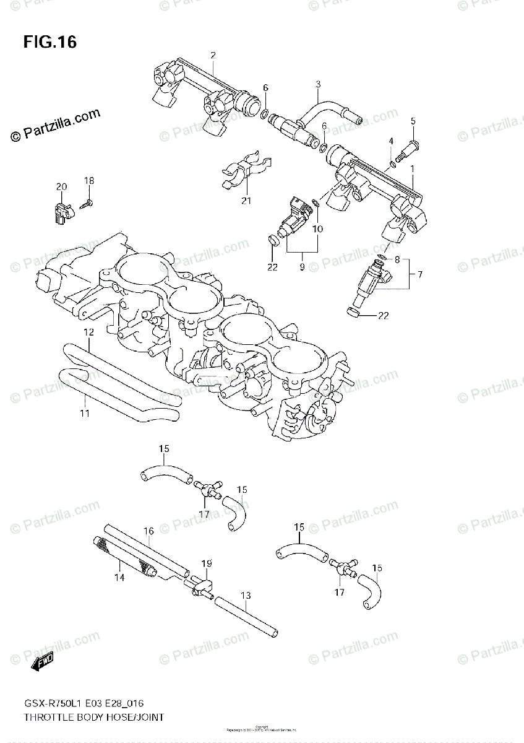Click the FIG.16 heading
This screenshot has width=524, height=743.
pos(50,42)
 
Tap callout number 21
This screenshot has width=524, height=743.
pos(246,200)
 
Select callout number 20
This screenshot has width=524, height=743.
pos(61,186)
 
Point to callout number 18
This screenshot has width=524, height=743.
pos(89,180)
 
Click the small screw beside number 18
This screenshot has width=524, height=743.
pos(87,202)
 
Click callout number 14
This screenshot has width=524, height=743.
pos(119,577)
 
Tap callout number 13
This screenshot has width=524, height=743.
pos(246,596)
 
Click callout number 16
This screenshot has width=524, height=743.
pos(148,531)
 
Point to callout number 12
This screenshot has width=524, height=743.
pos(89,332)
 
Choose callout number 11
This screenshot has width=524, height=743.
pos(85,413)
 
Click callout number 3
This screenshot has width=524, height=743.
pos(318,84)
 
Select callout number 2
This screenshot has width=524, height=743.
pos(213,55)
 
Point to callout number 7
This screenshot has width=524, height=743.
pos(420,273)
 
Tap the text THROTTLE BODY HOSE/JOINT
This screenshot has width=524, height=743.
pos(93,717)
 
